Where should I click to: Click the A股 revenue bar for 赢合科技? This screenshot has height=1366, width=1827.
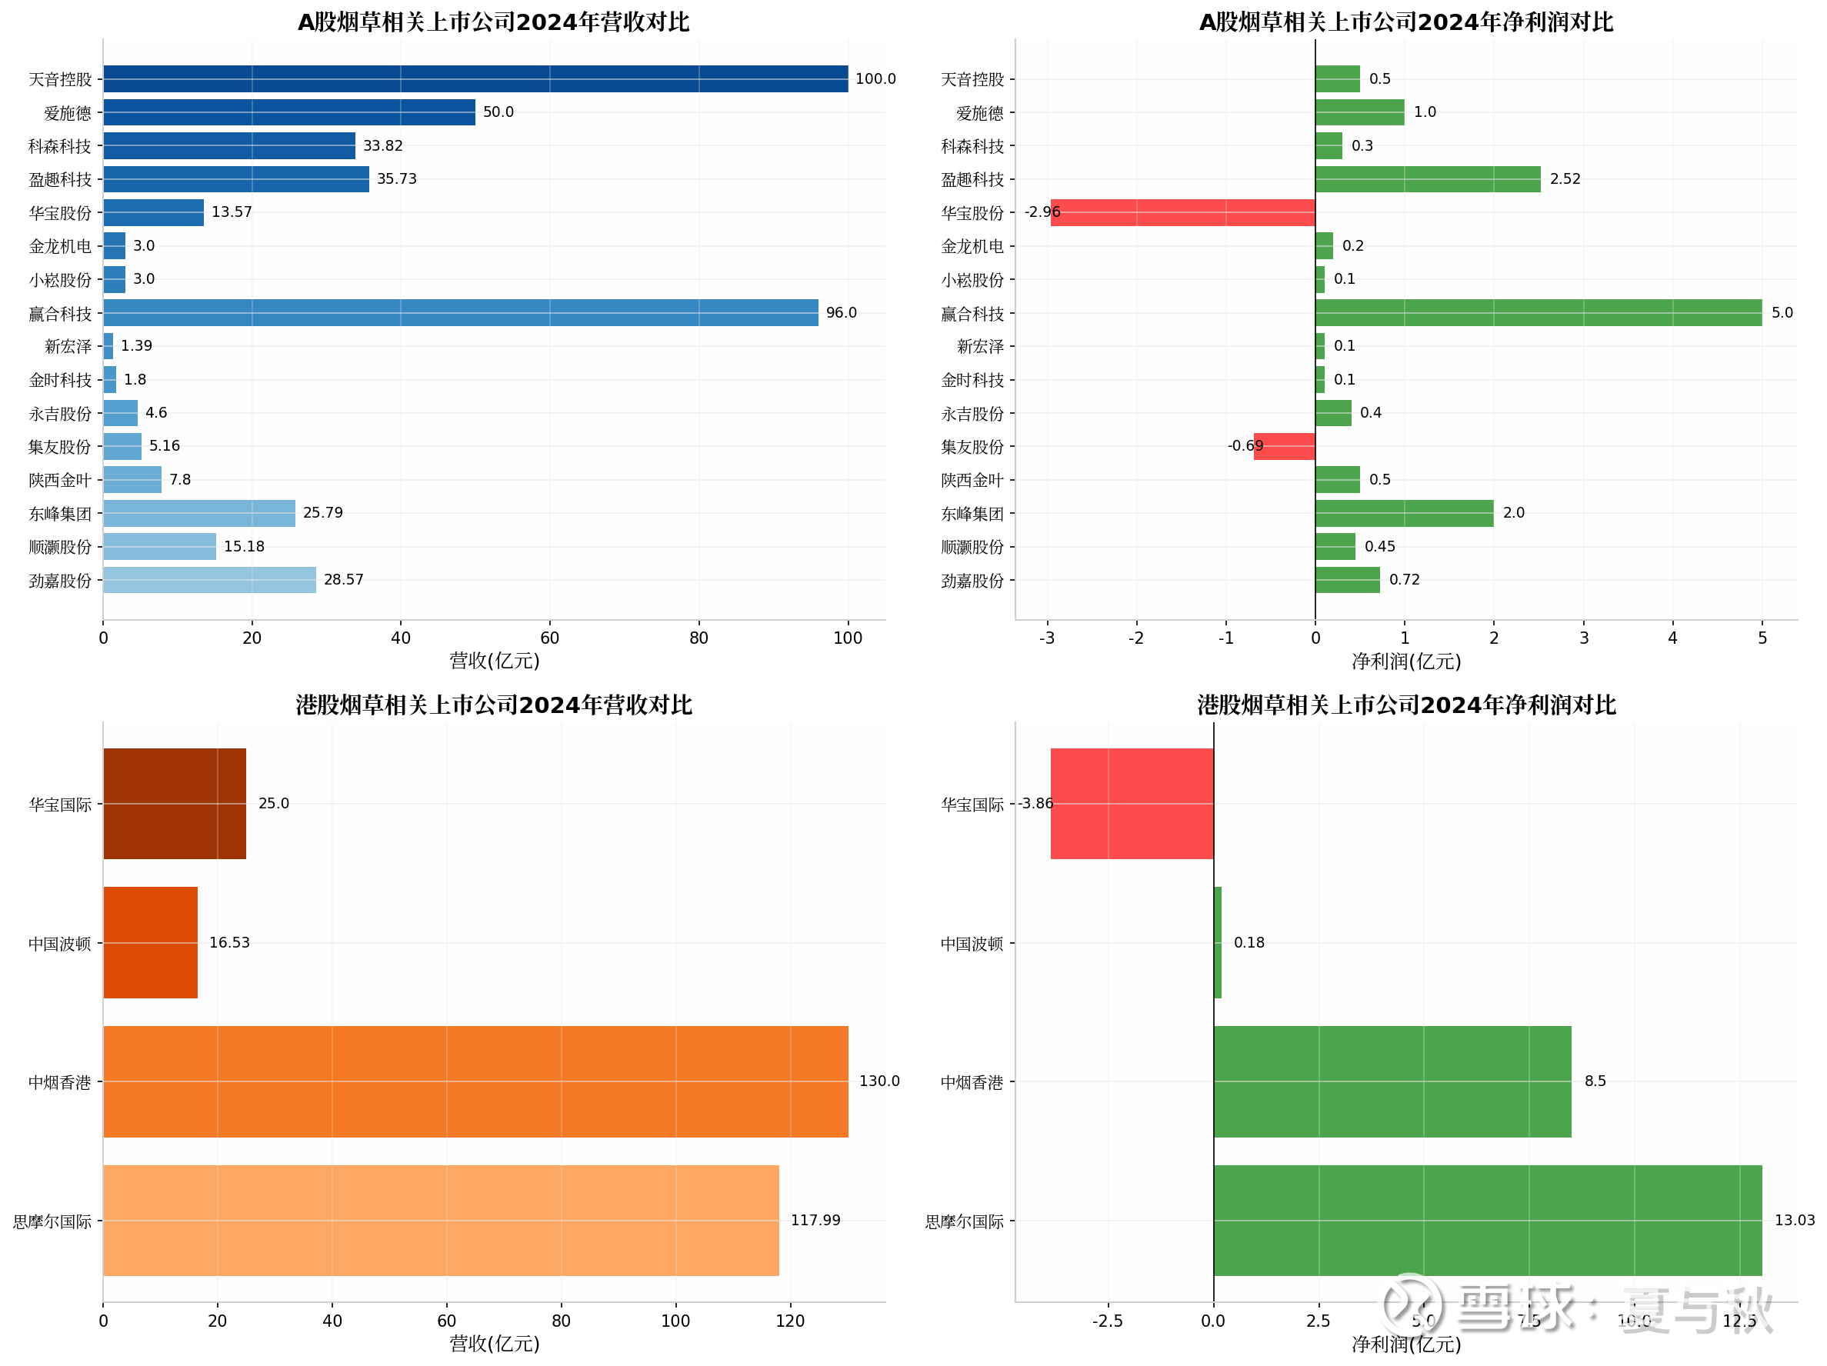(460, 312)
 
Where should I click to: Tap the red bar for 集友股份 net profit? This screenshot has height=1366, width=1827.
(1284, 446)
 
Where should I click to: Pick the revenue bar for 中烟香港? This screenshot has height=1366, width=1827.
(475, 1081)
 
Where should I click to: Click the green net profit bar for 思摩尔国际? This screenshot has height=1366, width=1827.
(1487, 1220)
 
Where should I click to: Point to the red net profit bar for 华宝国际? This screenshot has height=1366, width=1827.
(1132, 803)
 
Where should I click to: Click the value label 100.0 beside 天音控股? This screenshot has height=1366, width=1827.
(875, 78)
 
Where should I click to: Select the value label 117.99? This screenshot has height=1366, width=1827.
(815, 1220)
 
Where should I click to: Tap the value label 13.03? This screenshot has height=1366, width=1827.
(1794, 1220)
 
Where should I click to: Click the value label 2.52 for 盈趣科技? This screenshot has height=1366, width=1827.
(1565, 178)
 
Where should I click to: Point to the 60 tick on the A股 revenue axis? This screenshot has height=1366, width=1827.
(549, 638)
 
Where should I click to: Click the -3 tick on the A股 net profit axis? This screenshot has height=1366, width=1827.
(1046, 638)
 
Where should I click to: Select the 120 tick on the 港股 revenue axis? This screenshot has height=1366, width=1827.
(789, 1321)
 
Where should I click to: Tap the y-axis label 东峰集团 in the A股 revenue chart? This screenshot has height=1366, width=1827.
(59, 514)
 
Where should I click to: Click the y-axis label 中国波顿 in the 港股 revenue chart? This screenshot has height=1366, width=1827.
(59, 943)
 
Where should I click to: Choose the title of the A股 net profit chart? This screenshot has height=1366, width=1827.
(1405, 22)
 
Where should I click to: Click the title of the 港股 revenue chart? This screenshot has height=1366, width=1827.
(494, 705)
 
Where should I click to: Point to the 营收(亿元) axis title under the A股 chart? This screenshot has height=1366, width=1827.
(494, 661)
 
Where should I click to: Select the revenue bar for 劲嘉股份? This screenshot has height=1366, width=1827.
(209, 580)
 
